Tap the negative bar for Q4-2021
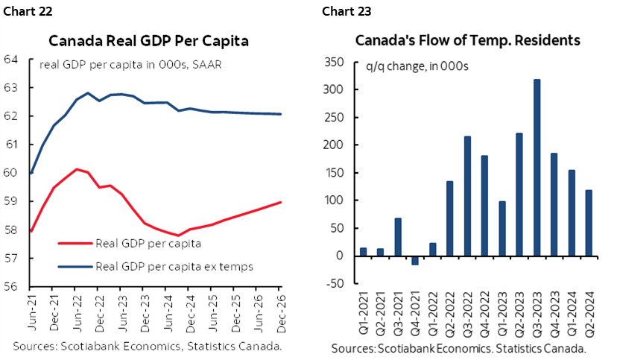[415, 260]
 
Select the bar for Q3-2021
[399, 236]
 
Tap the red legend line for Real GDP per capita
[75, 242]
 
